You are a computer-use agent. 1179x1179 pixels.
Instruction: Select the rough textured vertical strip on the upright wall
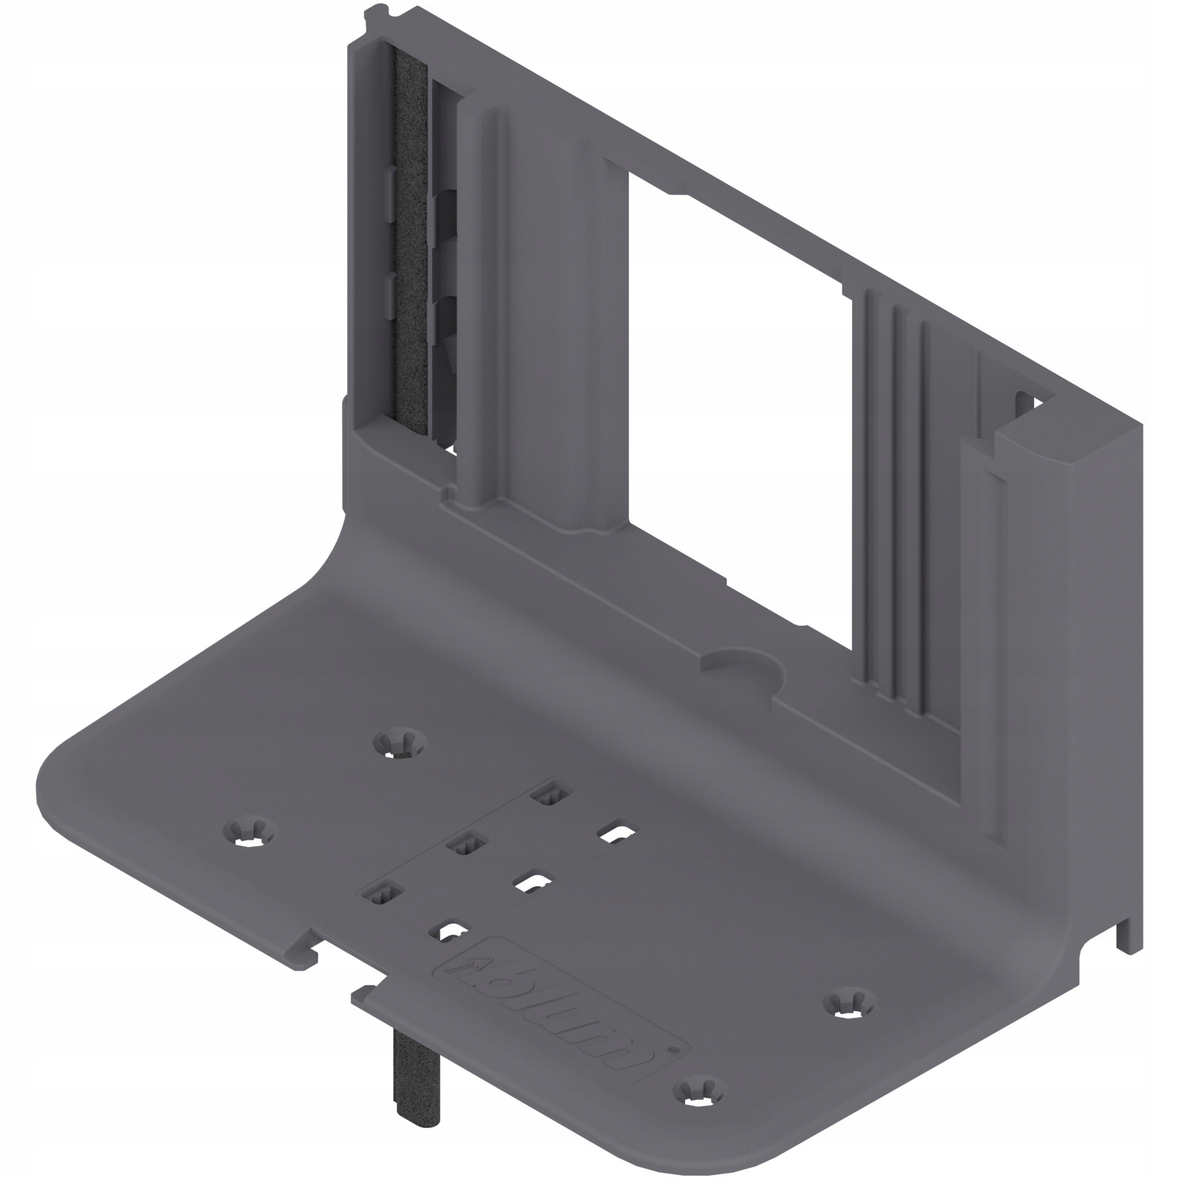coord(409,249)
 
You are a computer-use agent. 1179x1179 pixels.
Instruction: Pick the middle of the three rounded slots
coord(531,883)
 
